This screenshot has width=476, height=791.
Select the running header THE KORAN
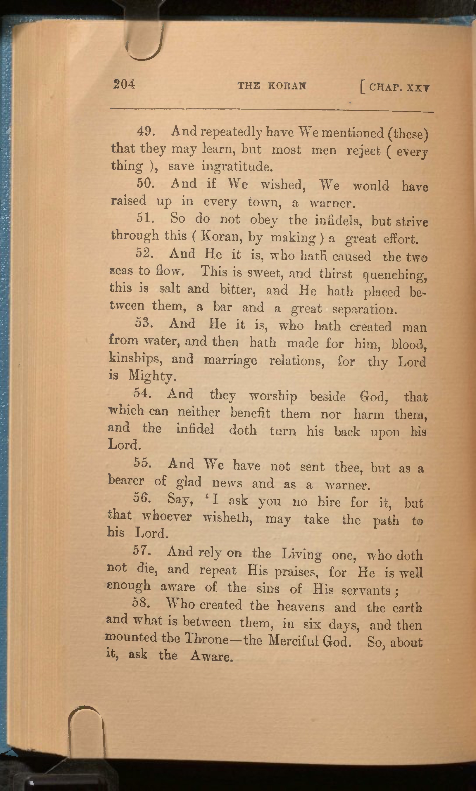(x=272, y=86)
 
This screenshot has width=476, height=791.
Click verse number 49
(x=146, y=131)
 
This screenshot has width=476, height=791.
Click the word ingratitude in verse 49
(x=237, y=167)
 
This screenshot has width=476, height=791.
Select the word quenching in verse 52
(x=394, y=275)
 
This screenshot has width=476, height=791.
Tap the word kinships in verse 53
(x=136, y=358)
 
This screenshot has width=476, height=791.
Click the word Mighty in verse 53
(x=152, y=375)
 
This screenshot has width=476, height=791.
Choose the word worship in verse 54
(x=273, y=397)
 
